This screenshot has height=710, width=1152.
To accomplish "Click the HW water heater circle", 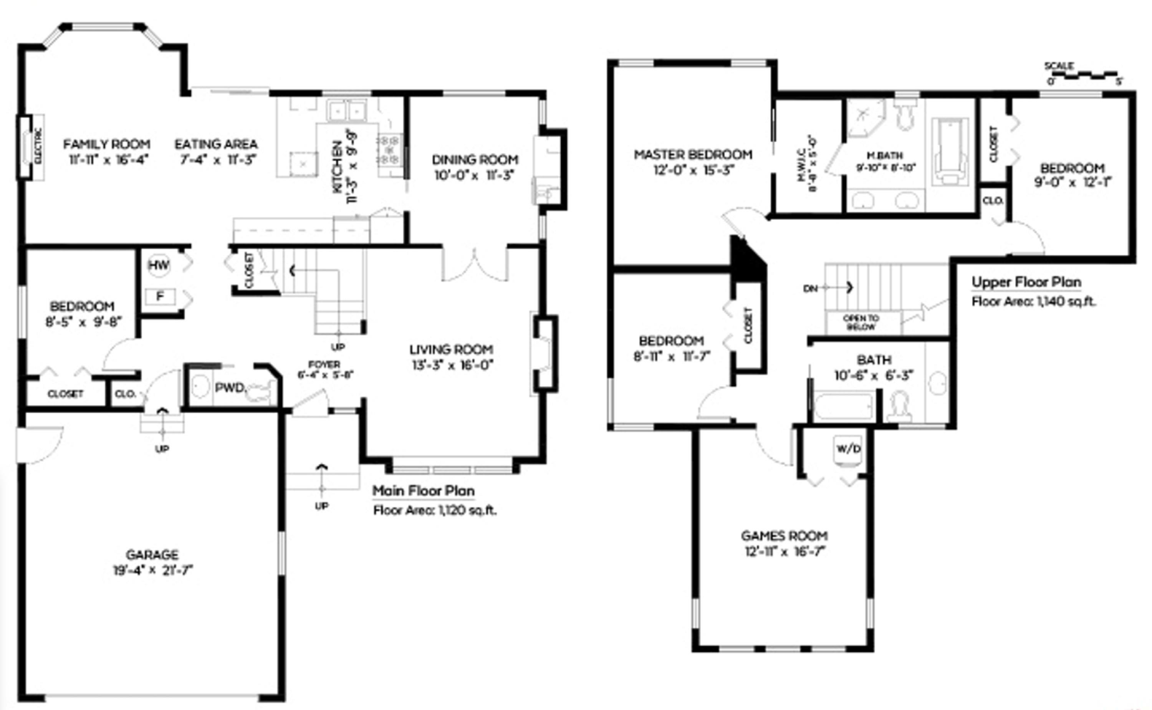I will pos(159,265).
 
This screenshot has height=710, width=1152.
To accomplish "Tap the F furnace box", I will pos(160,296).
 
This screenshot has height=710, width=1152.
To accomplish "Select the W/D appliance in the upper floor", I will pos(848,449).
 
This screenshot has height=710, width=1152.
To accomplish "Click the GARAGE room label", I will pos(152,554).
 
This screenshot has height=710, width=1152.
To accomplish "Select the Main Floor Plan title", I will pos(424,491).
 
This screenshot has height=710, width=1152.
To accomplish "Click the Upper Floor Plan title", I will pos(1026,282).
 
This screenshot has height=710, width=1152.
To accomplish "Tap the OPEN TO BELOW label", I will pos(861,323).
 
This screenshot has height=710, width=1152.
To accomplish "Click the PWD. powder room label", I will pos(230,388).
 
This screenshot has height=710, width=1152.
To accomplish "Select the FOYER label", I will pos(324,364).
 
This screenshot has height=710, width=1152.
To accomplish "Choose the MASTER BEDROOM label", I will pos(693,154).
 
